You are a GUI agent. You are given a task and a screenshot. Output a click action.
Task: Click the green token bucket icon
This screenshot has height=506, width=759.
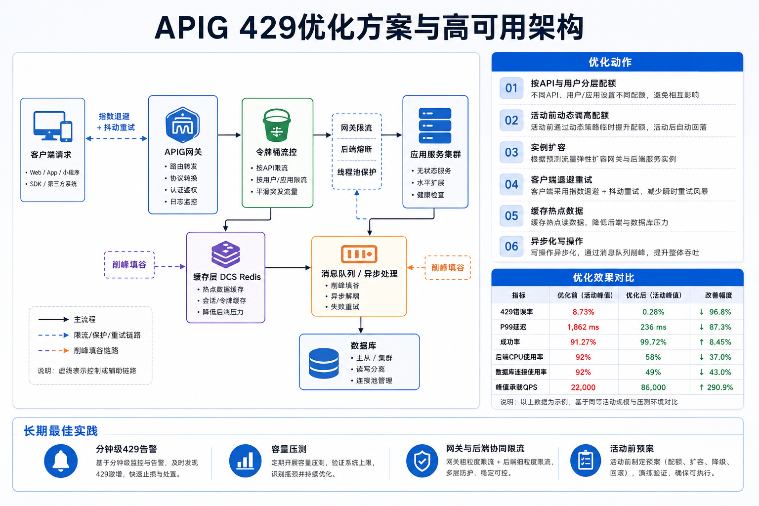pos(277,125)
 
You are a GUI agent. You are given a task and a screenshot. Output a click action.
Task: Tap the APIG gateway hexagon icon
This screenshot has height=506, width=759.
pos(183,125)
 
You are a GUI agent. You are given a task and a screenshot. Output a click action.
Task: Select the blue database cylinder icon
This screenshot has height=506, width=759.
pos(324,363)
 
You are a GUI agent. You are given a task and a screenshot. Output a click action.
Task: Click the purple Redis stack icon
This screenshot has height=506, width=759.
pos(226,254)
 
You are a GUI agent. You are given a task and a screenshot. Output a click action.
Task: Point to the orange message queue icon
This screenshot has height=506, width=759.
pos(359,254)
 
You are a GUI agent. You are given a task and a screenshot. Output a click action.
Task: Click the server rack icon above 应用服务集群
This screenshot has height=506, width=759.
pos(435,126)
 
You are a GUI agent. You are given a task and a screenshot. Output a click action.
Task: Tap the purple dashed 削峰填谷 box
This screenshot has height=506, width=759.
pos(129,265)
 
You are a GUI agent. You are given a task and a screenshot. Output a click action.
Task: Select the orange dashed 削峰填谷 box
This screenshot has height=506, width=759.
pos(448,268)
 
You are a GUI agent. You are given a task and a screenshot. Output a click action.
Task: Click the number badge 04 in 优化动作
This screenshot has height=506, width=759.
pos(511,184)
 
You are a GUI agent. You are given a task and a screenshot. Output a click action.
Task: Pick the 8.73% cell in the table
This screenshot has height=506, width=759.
pos(583,312)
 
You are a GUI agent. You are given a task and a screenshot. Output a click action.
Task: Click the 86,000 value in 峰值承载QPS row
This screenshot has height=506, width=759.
pos(653,387)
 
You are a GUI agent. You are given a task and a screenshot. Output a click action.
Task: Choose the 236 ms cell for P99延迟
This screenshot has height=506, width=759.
pos(653,327)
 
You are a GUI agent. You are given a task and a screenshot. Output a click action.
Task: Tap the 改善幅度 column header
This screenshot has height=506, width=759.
pos(718,295)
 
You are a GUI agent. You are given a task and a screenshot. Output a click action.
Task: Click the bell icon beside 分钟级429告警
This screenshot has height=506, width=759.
pos(61,461)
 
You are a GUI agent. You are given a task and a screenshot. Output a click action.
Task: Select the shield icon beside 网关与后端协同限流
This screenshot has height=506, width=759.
pos(422,461)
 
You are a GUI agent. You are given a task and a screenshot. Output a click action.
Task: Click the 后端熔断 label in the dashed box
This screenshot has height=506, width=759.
pos(356,149)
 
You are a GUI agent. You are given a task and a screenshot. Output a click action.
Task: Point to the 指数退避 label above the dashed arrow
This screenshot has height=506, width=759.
pos(114,116)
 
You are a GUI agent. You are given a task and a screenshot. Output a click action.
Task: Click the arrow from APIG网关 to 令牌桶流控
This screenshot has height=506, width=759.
pos(229,135)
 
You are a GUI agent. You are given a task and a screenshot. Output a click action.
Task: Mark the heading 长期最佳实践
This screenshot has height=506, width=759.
pos(61,431)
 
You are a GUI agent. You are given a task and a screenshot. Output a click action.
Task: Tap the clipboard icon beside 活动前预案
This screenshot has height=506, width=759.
pos(586,461)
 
